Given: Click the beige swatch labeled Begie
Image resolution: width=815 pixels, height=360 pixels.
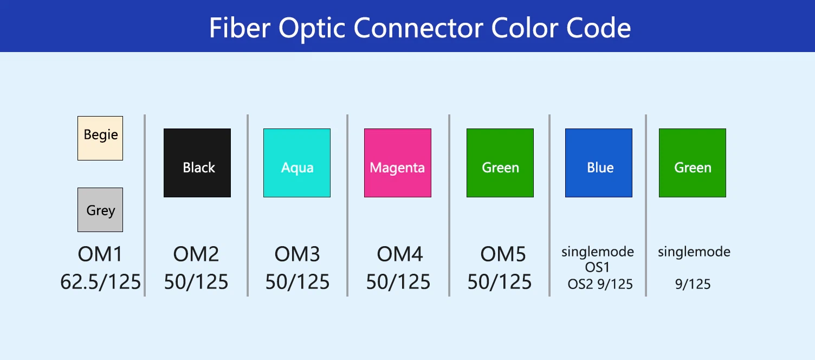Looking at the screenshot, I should [x=100, y=138].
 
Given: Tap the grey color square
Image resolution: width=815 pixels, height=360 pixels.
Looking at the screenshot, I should [x=100, y=210].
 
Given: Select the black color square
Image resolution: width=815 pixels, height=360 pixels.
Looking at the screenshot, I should [x=197, y=163].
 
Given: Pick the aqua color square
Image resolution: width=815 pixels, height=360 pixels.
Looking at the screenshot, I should [x=297, y=163].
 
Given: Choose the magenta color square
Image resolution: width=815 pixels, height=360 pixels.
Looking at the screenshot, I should [x=397, y=163].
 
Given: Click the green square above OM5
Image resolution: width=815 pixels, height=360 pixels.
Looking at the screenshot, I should [x=500, y=163].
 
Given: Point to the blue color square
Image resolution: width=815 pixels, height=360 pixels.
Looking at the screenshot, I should [x=599, y=163].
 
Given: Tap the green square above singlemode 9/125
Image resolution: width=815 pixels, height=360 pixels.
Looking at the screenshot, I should [x=693, y=163].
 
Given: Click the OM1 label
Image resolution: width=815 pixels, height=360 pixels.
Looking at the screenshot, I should [x=100, y=255].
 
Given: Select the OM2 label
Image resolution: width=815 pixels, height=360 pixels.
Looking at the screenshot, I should [x=196, y=255].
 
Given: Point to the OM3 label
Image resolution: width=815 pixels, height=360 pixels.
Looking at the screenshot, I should [x=297, y=255].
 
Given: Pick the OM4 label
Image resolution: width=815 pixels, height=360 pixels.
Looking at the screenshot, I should [x=399, y=255].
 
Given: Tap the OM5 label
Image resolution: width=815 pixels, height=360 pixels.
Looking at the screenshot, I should [x=503, y=255].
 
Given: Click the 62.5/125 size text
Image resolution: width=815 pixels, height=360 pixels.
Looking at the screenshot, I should [x=100, y=282].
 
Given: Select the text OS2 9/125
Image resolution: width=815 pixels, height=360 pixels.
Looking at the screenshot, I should [x=600, y=284].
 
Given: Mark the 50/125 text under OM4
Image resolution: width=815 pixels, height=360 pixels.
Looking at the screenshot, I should [x=398, y=282].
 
